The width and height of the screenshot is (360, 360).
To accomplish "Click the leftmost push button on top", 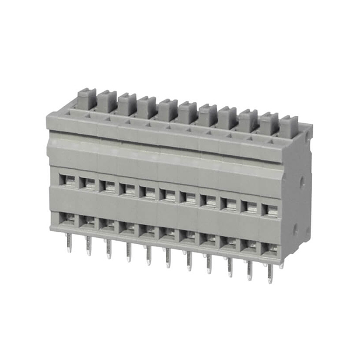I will [x=86, y=100].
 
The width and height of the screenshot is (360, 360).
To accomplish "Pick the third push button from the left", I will [x=127, y=104].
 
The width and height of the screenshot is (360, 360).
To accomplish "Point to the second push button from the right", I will [x=268, y=123].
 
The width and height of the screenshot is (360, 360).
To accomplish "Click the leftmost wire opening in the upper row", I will [x=67, y=181].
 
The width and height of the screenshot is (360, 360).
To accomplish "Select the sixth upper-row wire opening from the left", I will [x=168, y=195].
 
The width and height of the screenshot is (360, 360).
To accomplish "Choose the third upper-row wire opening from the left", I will [x=107, y=186].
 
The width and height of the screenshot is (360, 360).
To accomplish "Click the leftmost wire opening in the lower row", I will [x=67, y=218].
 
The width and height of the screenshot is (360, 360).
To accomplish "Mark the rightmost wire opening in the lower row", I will [x=271, y=248].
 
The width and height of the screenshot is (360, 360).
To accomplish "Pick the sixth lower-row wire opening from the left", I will [x=168, y=233].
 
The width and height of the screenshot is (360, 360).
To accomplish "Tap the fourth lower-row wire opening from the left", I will [x=128, y=227].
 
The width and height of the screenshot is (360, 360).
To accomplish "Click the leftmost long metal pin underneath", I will [x=69, y=242].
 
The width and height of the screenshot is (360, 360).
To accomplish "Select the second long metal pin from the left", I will [x=88, y=245].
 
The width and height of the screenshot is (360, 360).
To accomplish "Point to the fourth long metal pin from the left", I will [x=128, y=251].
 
